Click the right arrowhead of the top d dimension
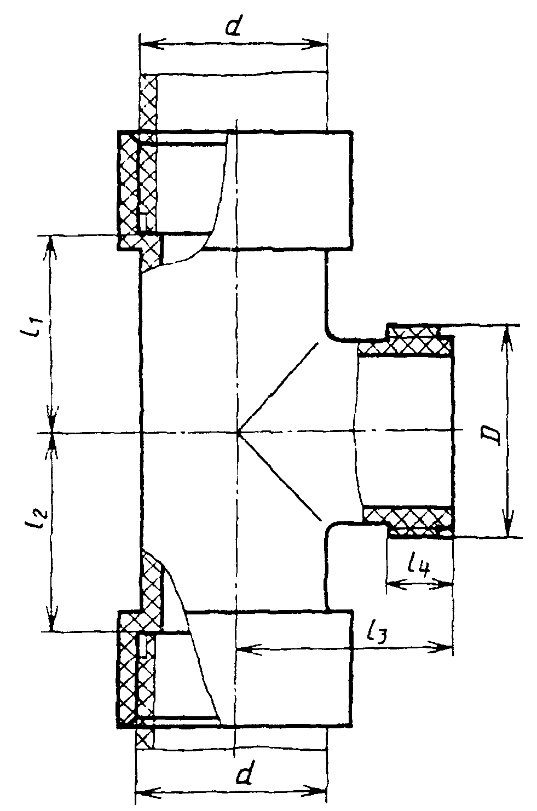pos(317,44)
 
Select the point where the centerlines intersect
pos(237,433)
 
